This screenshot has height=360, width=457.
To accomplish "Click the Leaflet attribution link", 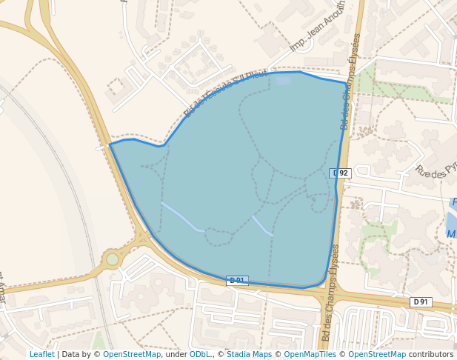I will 41,354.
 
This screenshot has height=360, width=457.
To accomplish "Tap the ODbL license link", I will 200,354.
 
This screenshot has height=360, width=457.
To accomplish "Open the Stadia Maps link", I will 248,354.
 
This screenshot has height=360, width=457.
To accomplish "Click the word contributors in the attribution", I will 431,354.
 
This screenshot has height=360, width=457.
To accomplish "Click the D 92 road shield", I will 340,173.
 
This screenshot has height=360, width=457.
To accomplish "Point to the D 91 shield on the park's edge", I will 237,281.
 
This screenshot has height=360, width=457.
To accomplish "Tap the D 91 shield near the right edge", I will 421,301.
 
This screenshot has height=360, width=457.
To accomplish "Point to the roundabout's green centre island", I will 112,259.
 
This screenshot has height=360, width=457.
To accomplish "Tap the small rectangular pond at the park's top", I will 283,79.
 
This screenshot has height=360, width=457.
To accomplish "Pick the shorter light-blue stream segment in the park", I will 262,226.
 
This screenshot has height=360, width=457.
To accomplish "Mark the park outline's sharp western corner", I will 110,144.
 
